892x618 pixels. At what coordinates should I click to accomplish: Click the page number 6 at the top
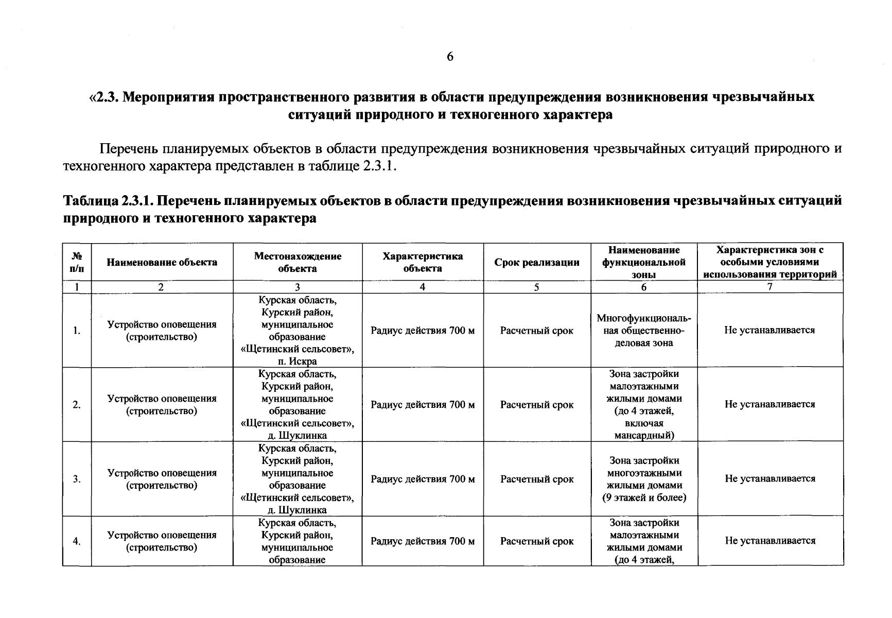pos(450,57)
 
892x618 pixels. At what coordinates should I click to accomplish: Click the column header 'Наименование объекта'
pos(162,262)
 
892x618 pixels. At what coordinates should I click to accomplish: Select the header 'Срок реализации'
pos(537,263)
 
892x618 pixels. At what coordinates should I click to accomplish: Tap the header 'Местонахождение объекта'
pos(298,262)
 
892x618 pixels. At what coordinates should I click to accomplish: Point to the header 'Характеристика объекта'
pos(423,262)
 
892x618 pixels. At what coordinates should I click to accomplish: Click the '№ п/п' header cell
pos(77,262)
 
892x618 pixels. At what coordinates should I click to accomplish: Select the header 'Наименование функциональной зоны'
pos(644,262)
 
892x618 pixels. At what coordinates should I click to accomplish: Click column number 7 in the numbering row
pos(770,287)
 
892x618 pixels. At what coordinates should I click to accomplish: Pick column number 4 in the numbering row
pos(423,287)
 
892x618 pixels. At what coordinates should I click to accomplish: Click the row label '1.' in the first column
pos(77,331)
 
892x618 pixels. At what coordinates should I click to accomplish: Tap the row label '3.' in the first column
pos(77,479)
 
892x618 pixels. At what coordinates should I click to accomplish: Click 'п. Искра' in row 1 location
pos(298,362)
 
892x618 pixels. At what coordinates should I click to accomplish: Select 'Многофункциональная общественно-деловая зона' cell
pos(644,331)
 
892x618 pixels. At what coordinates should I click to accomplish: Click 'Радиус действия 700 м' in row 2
pos(423,405)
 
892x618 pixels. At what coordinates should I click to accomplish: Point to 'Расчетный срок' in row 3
pos(537,479)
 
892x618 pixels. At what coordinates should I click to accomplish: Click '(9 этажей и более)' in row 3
pos(644,498)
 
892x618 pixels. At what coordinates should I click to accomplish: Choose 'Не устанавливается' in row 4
pos(770,541)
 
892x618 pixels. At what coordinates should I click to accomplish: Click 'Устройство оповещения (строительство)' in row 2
pos(162,405)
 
